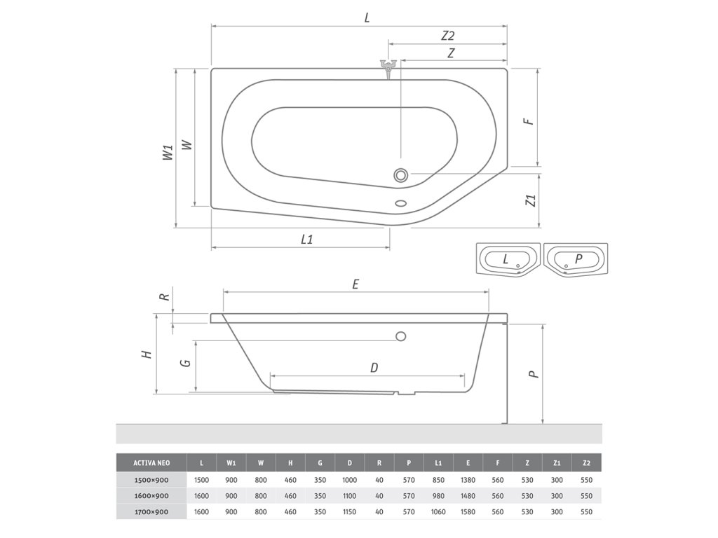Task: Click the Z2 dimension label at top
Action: click(x=447, y=36)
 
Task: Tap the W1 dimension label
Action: click(x=168, y=152)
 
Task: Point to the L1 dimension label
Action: click(x=307, y=240)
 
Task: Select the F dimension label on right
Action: click(x=529, y=121)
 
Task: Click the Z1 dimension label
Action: click(x=531, y=200)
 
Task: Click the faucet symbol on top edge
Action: click(x=388, y=68)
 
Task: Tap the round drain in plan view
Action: click(x=400, y=174)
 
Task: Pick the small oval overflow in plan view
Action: click(x=401, y=203)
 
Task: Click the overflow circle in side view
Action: click(x=400, y=337)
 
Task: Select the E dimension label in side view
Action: click(x=355, y=284)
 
